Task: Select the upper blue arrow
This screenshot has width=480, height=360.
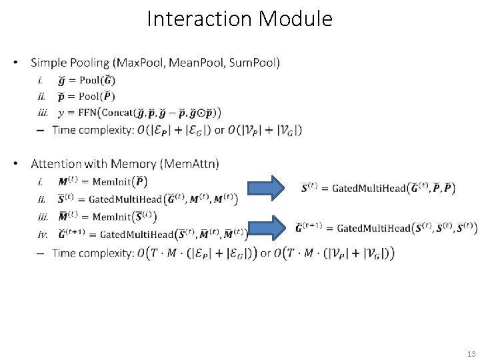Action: pyautogui.click(x=269, y=188)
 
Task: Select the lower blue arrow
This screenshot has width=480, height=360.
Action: pyautogui.click(x=269, y=227)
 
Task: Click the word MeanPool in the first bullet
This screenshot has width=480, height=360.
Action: pyautogui.click(x=197, y=63)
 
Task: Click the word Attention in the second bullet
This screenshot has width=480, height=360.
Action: pyautogui.click(x=57, y=163)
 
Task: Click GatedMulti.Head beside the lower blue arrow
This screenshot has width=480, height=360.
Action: pyautogui.click(x=373, y=229)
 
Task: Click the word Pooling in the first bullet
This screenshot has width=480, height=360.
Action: pyautogui.click(x=89, y=63)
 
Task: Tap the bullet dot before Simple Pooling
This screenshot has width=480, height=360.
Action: pyautogui.click(x=15, y=64)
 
